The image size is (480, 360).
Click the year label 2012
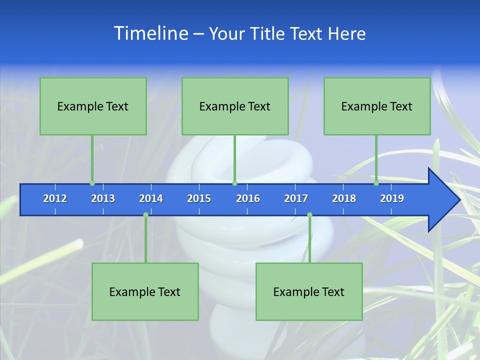click(x=55, y=198)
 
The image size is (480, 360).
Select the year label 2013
click(x=103, y=198)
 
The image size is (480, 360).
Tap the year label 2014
click(x=151, y=198)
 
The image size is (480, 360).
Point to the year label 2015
click(x=199, y=198)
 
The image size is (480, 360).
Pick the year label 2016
click(x=248, y=198)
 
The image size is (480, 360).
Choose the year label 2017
click(x=296, y=198)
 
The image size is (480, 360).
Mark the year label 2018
click(x=344, y=198)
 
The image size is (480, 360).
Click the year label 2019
click(x=392, y=198)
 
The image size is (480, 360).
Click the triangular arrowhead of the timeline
click(x=443, y=200)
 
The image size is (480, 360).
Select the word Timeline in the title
click(x=150, y=33)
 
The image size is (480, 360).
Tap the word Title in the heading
click(x=267, y=34)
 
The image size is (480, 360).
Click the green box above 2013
click(x=93, y=106)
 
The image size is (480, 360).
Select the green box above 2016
click(x=235, y=106)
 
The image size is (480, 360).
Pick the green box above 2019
click(x=377, y=106)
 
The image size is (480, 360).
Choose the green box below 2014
click(x=145, y=291)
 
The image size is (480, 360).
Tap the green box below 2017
click(x=309, y=291)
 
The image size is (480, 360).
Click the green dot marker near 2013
click(x=92, y=183)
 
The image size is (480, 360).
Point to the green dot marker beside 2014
click(x=145, y=215)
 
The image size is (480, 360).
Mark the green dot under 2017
click(x=309, y=215)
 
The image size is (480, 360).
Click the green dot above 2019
click(x=376, y=183)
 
